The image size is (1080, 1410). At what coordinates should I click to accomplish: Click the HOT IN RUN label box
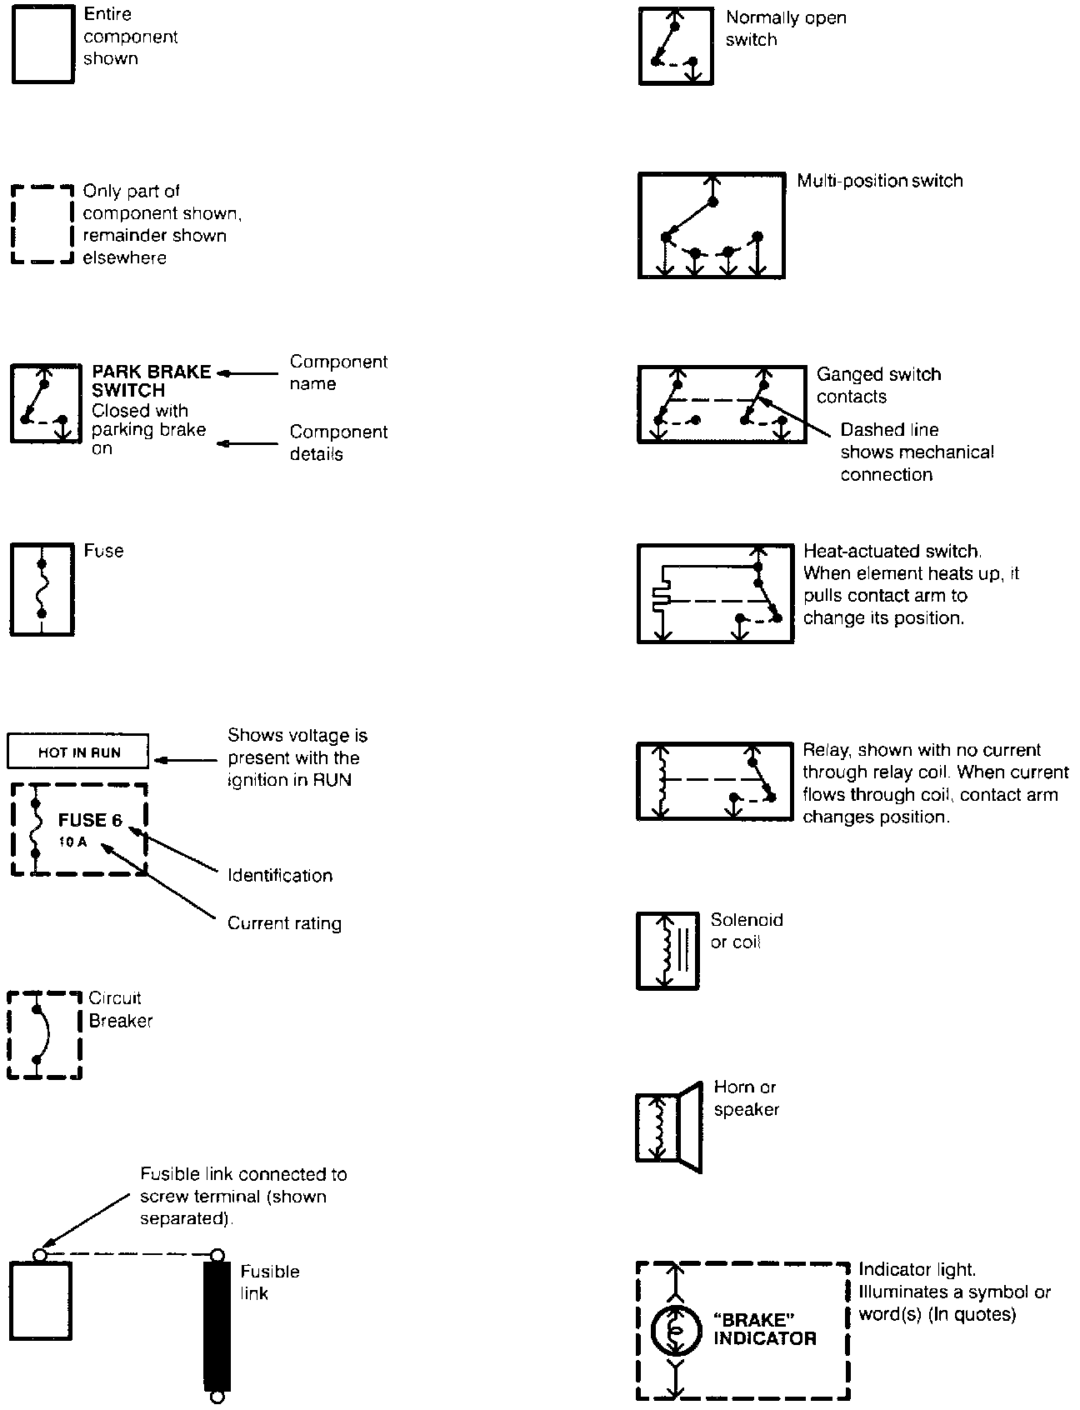(78, 752)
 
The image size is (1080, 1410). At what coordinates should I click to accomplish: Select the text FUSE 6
(90, 820)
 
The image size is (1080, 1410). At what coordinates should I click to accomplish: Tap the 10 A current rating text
(72, 842)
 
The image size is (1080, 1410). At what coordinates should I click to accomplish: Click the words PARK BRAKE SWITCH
(152, 381)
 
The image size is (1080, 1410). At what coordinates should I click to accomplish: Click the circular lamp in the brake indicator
(675, 1330)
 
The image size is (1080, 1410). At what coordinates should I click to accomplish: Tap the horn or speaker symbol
(668, 1127)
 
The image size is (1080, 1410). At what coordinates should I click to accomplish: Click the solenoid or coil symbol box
(667, 951)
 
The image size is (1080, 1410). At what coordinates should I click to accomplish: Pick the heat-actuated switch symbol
(715, 593)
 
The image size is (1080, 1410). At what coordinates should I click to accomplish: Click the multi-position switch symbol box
(712, 225)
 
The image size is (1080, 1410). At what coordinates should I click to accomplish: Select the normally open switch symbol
(676, 47)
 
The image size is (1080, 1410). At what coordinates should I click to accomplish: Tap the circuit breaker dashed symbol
(44, 1035)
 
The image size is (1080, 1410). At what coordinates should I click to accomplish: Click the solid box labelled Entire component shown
(42, 46)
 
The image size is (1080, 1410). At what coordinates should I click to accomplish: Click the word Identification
(280, 875)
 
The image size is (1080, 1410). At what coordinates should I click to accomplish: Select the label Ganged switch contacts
(878, 385)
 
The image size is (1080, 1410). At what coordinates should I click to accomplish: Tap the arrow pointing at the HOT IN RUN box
(187, 760)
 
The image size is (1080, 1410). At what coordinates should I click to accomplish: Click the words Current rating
(284, 923)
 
